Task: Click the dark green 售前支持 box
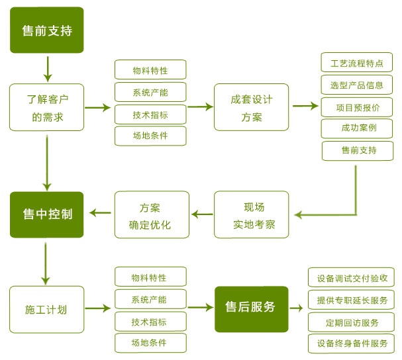click(x=46, y=30)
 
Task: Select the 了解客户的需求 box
click(x=46, y=107)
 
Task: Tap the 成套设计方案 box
click(x=251, y=107)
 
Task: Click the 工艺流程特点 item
click(x=356, y=64)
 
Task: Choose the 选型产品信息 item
click(x=356, y=85)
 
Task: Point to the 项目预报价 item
click(x=356, y=107)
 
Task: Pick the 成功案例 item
click(x=356, y=128)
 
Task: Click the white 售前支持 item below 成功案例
click(x=358, y=150)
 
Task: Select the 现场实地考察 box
click(x=251, y=215)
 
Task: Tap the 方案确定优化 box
click(x=152, y=215)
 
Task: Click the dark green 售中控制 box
click(x=46, y=214)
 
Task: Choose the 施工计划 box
click(x=46, y=309)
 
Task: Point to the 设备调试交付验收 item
click(x=351, y=277)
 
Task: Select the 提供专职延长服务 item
click(x=351, y=300)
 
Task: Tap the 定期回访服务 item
click(x=351, y=322)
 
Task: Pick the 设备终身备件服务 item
click(x=351, y=343)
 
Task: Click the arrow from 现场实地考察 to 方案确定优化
click(x=202, y=214)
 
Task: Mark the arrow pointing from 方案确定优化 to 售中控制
click(x=100, y=212)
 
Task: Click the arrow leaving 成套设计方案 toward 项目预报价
click(x=305, y=105)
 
